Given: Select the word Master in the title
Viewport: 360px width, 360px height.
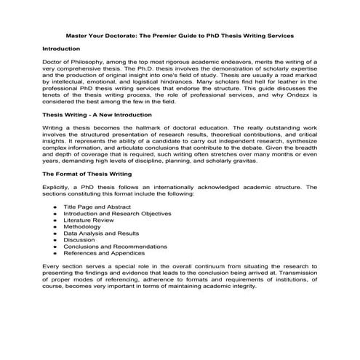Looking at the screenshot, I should (78, 35).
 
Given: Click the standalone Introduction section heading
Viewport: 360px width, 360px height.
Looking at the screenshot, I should (62, 48).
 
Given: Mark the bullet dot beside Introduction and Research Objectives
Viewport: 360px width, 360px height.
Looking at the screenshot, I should (56, 214).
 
